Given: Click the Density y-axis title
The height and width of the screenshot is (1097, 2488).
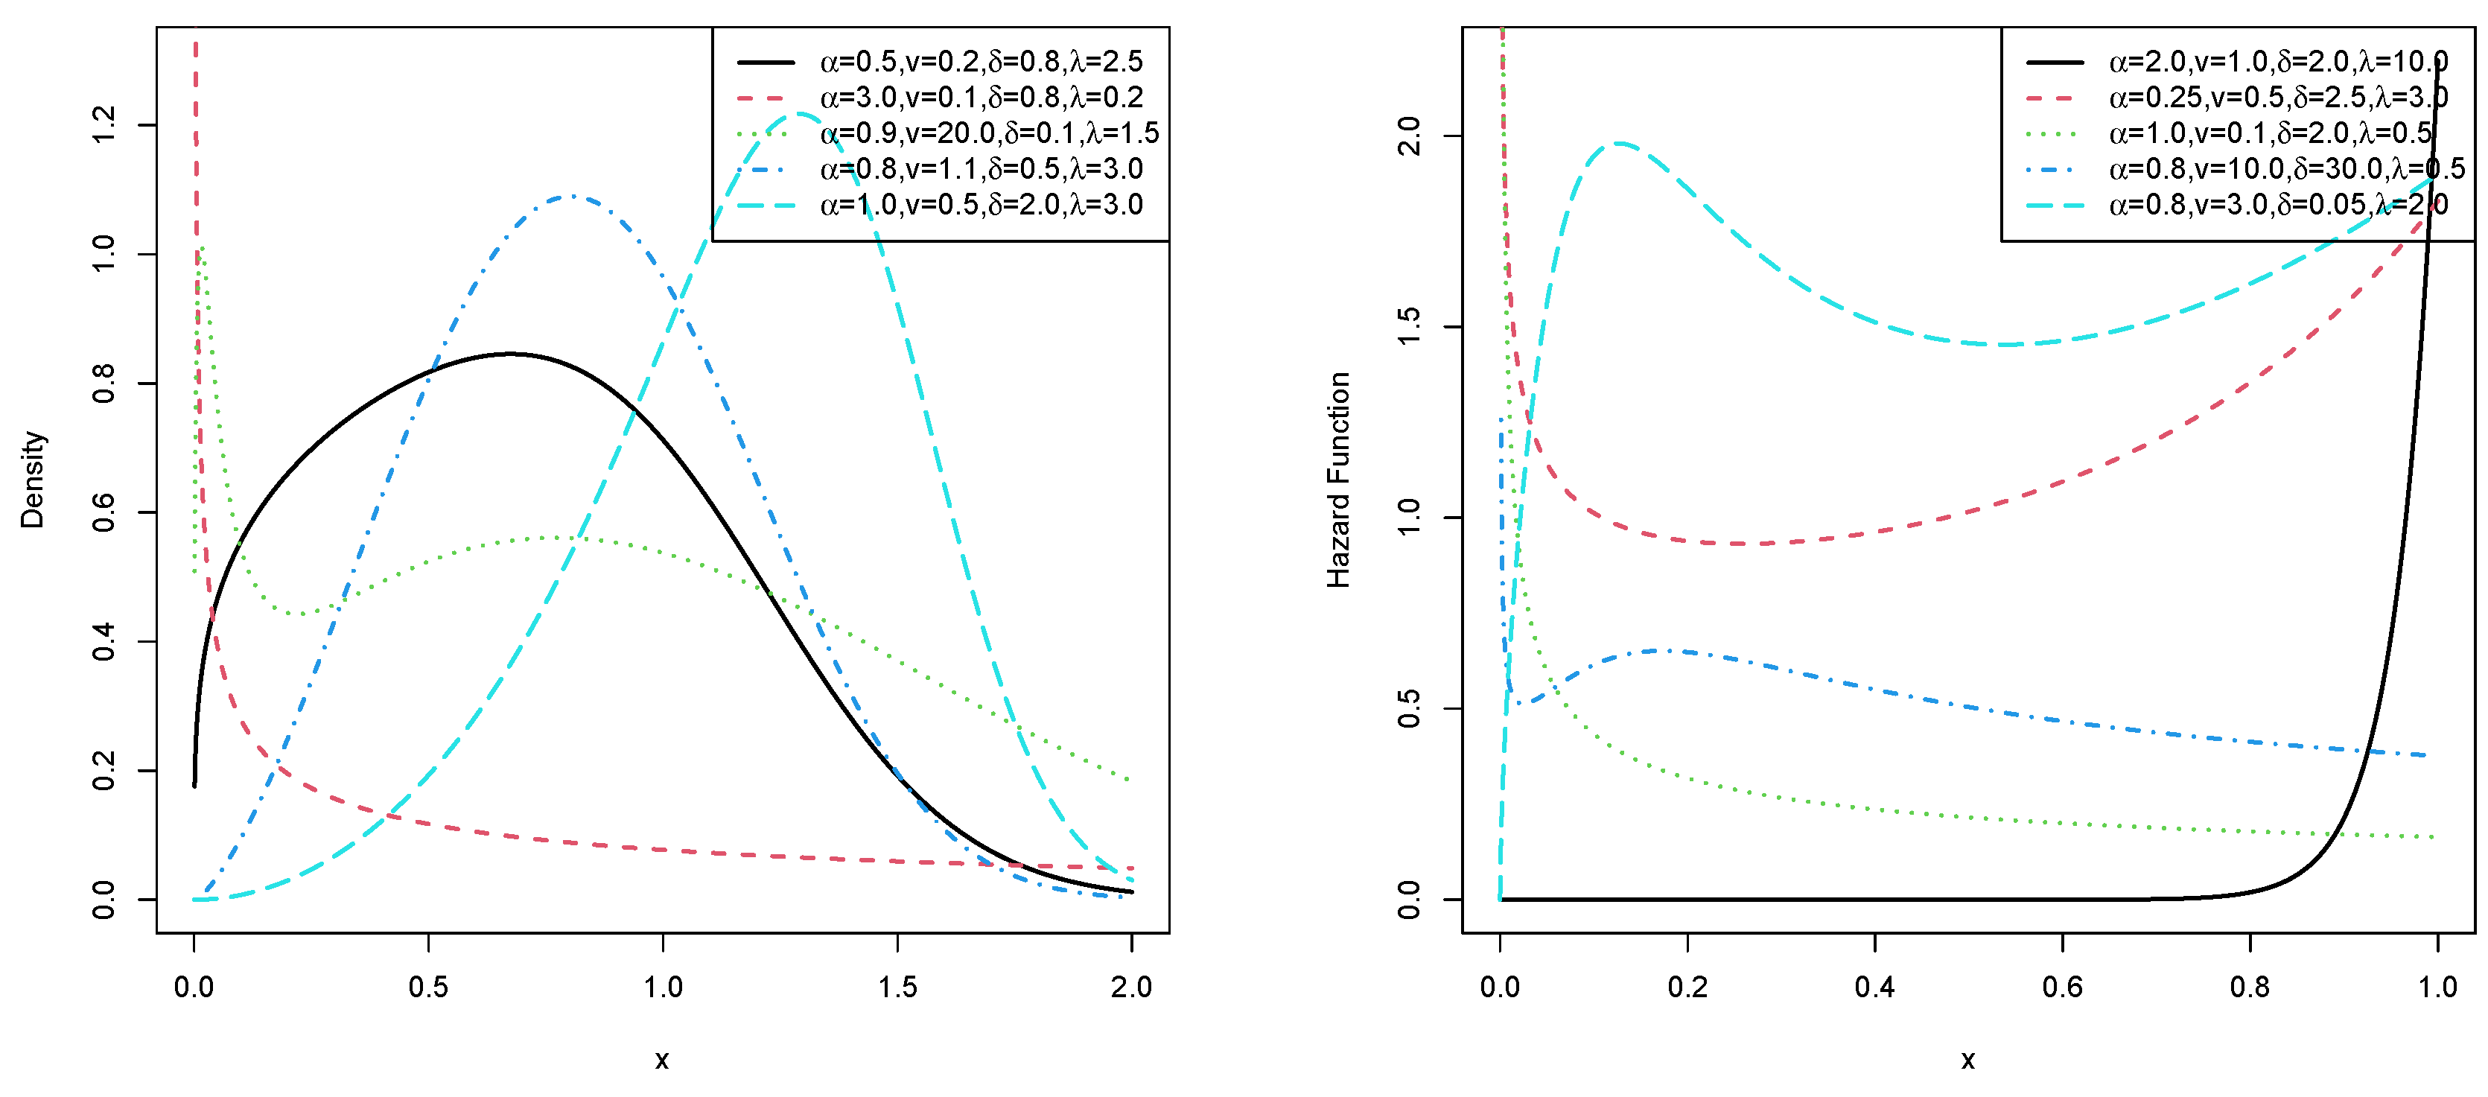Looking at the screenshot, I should click(x=32, y=480).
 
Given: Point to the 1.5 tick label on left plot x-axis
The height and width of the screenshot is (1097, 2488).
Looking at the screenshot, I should click(x=897, y=987).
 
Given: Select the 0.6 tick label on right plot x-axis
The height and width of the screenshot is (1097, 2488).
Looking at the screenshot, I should click(x=2062, y=987).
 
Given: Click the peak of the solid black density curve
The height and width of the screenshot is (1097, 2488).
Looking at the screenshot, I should click(x=511, y=354).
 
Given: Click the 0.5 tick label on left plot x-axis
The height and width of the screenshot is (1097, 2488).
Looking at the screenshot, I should click(x=428, y=987).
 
